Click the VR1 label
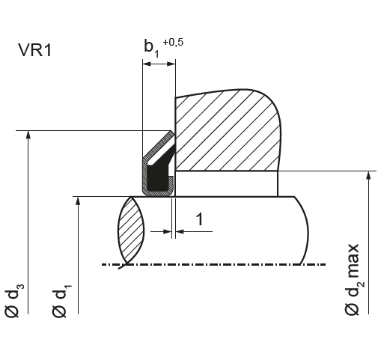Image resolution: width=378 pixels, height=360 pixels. tap(34, 50)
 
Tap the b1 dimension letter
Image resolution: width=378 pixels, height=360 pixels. tap(151, 47)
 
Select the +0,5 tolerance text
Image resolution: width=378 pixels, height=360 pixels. tap(173, 42)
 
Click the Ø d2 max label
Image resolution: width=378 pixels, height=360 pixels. tap(354, 279)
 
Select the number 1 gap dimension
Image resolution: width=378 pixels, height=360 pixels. tap(200, 219)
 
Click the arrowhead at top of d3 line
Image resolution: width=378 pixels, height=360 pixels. tap(28, 134)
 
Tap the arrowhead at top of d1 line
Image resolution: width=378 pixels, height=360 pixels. tap(78, 201)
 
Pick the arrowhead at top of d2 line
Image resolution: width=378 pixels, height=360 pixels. tap(368, 175)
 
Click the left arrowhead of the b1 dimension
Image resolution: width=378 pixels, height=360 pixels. tap(147, 64)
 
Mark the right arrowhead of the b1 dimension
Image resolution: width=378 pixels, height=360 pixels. tap(171, 64)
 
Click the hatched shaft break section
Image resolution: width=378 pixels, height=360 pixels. tap(131, 230)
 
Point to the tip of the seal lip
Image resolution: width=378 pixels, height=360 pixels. tap(171, 132)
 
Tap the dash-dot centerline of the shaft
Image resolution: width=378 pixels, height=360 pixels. tap(213, 264)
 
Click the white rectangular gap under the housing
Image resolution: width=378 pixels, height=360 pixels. tap(226, 183)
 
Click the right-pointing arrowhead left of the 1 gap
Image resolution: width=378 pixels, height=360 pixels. tap(167, 231)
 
